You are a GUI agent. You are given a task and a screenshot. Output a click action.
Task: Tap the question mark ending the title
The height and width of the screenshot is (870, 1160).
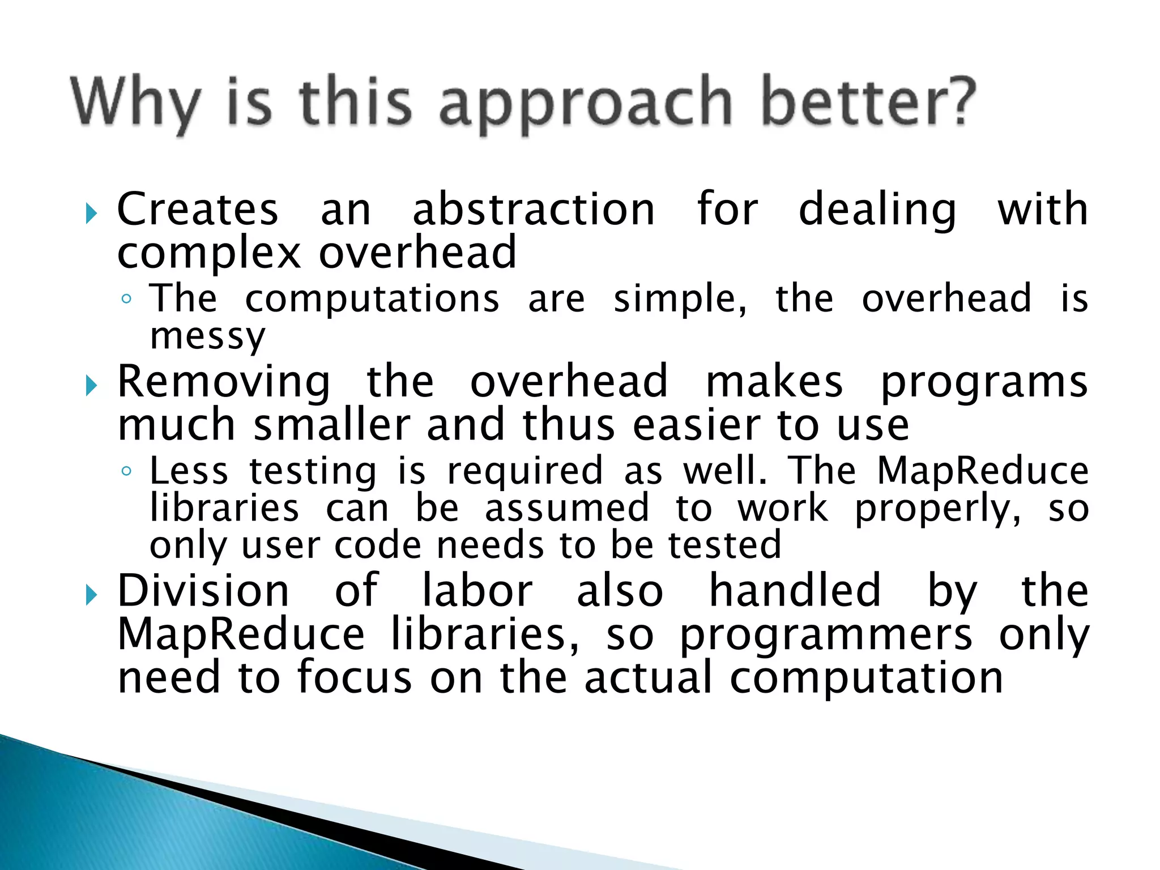click(957, 101)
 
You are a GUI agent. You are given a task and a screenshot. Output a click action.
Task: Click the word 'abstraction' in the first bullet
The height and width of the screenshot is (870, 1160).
click(534, 210)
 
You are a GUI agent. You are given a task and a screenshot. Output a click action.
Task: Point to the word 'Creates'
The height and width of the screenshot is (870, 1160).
click(198, 210)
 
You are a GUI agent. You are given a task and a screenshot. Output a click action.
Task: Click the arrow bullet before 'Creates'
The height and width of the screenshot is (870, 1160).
click(91, 214)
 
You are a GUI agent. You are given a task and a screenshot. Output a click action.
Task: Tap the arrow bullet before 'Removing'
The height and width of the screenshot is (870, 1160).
click(91, 387)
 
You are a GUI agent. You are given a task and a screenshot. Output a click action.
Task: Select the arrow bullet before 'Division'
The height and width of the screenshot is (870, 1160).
click(91, 595)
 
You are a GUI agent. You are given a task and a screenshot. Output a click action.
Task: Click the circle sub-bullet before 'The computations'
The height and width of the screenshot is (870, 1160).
click(127, 299)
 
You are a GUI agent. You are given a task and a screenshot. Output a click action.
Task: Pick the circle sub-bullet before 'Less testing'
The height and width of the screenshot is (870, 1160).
click(127, 471)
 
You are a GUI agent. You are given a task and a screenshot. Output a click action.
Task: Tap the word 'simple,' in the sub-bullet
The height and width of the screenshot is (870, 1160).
click(680, 299)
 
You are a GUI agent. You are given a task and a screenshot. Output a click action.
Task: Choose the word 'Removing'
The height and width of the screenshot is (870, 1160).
click(224, 382)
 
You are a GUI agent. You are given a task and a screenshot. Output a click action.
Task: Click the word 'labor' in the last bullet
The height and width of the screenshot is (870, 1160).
click(477, 591)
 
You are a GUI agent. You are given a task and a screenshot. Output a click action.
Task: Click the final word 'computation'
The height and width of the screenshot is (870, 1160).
click(866, 678)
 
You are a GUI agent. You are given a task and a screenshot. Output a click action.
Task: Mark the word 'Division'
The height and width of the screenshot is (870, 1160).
click(203, 591)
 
